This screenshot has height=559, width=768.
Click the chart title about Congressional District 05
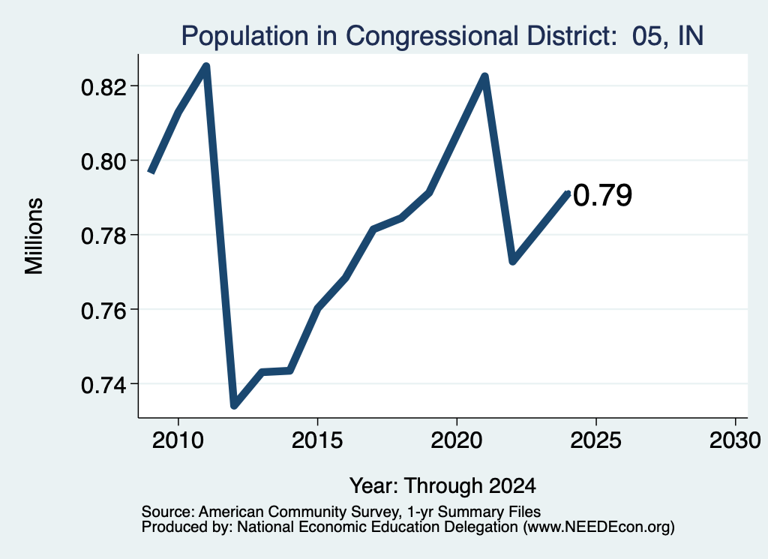(x=442, y=36)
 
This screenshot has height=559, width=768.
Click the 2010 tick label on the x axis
(x=178, y=440)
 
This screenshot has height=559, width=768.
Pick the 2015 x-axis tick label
(x=317, y=440)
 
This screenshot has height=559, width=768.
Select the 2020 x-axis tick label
(x=457, y=440)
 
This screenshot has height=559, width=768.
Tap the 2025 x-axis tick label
(x=596, y=440)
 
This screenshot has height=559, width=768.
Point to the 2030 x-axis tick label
(x=735, y=440)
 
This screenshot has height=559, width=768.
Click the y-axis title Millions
(x=34, y=236)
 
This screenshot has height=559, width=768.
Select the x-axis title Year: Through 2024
(x=442, y=485)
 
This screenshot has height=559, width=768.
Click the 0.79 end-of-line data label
(x=602, y=195)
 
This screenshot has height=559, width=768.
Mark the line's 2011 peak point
(x=206, y=65)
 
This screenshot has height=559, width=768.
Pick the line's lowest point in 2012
(x=234, y=405)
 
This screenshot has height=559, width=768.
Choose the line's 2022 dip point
(x=513, y=261)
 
